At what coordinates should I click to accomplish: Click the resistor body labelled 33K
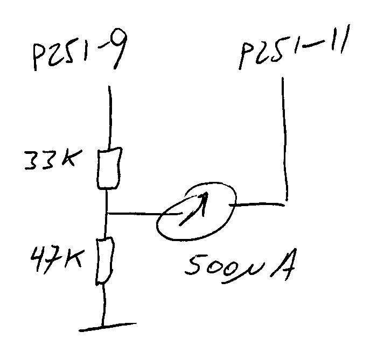(x=108, y=168)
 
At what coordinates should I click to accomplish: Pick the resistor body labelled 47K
(x=105, y=261)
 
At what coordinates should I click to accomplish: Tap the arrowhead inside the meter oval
(x=204, y=199)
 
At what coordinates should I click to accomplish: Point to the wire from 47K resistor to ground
(x=102, y=304)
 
